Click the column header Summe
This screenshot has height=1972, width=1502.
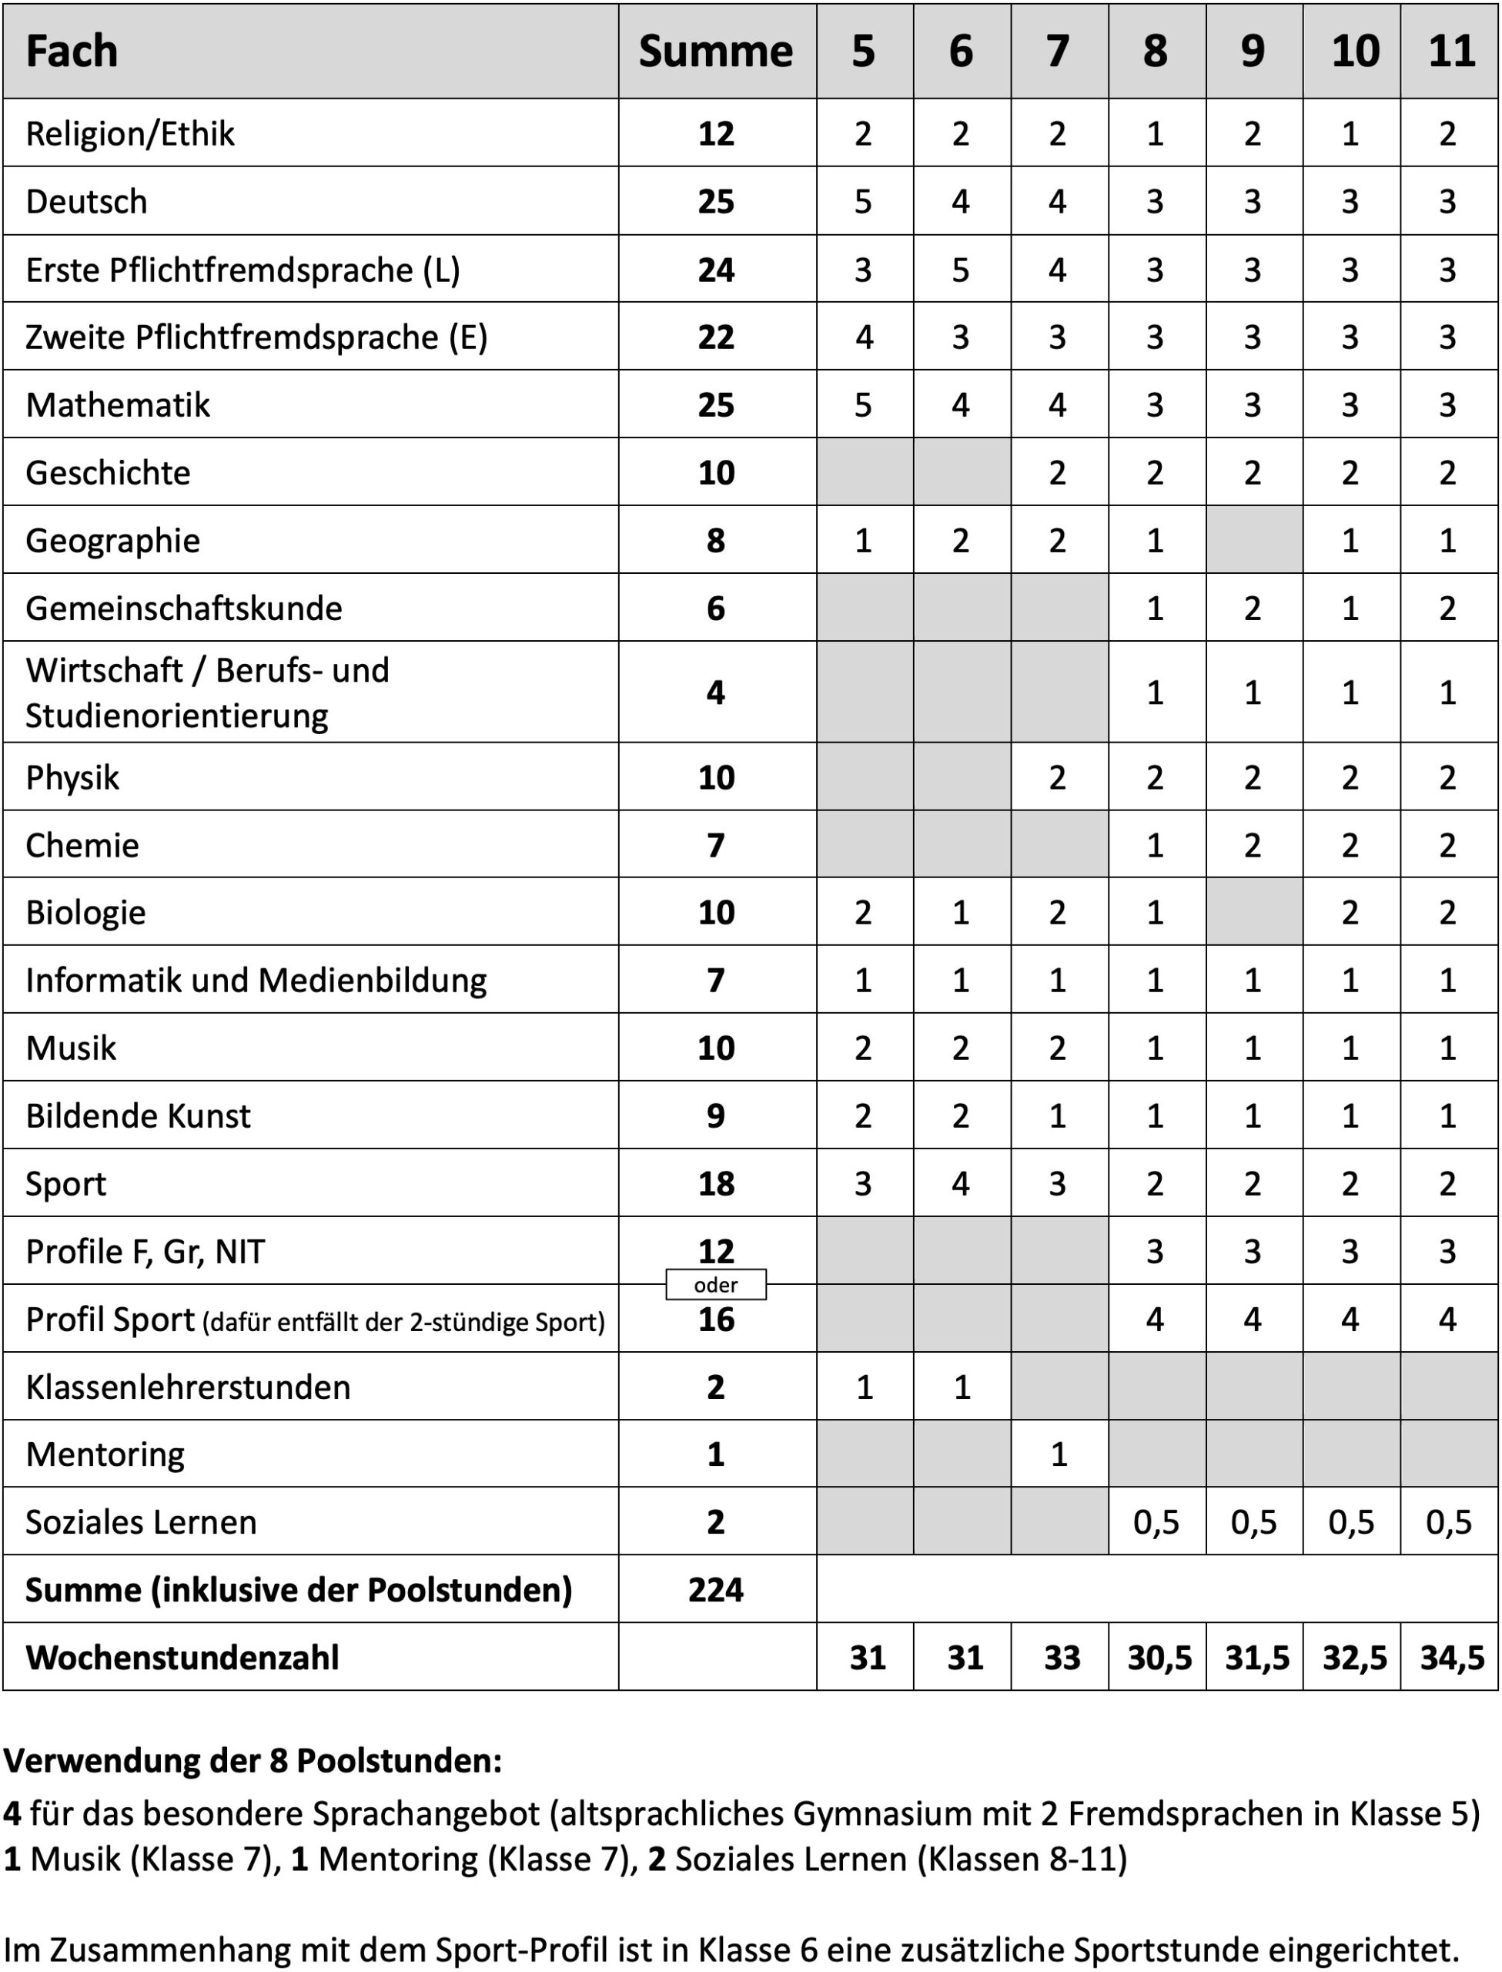tap(715, 51)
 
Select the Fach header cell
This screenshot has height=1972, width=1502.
tap(72, 51)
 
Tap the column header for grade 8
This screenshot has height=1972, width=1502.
tap(1155, 51)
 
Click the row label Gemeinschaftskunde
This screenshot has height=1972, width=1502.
tap(183, 608)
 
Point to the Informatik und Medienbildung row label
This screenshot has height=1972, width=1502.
tap(256, 980)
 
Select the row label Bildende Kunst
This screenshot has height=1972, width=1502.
tap(138, 1116)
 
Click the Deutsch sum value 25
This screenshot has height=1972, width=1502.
tap(715, 202)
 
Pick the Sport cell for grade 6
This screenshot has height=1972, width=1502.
tap(960, 1184)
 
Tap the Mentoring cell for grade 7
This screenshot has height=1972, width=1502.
tap(1059, 1455)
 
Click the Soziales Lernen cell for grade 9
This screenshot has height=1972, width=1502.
tap(1253, 1522)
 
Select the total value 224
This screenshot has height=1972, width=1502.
tap(715, 1590)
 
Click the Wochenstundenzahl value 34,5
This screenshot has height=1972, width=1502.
tap(1451, 1658)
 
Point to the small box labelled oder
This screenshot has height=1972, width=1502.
tap(715, 1285)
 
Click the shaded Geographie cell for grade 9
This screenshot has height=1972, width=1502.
tap(1253, 540)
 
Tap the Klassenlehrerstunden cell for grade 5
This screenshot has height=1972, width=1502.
tap(864, 1387)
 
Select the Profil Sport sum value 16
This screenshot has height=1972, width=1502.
tap(715, 1320)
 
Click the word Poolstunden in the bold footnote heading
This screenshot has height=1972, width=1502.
tap(399, 1760)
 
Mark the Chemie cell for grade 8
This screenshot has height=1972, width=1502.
tap(1155, 845)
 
